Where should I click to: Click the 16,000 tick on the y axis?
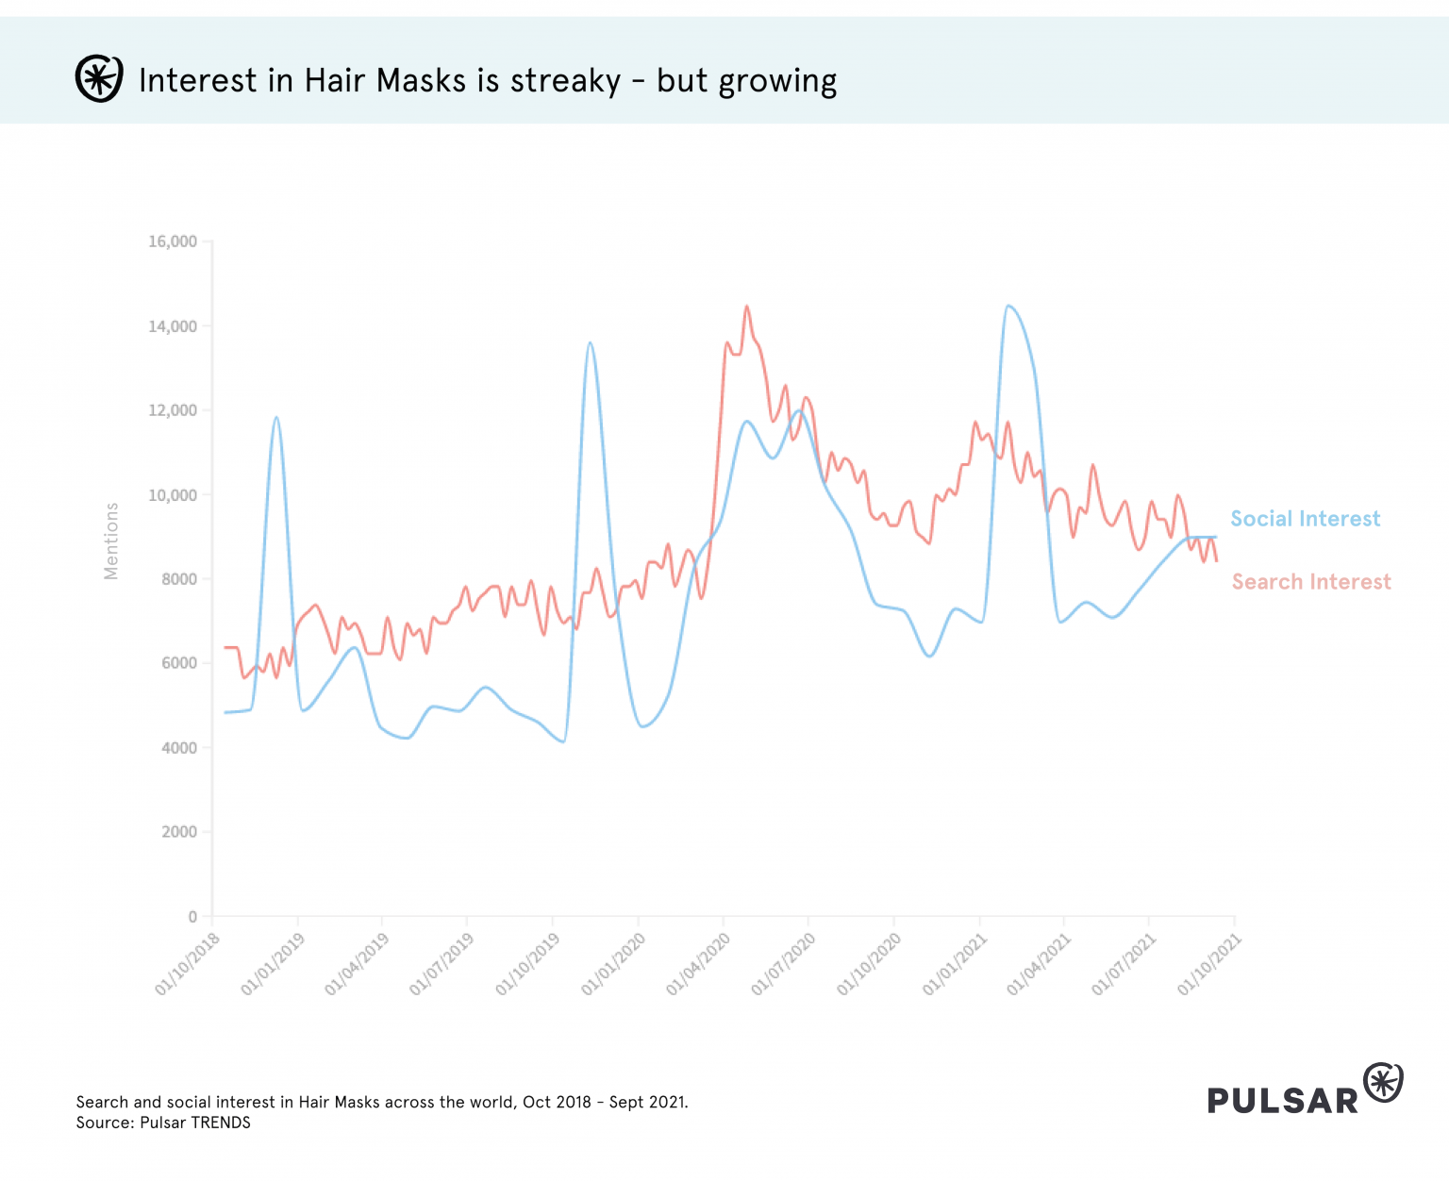coord(173,241)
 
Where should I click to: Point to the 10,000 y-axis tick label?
coord(173,495)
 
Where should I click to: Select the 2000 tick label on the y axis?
coord(179,832)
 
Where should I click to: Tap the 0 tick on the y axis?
coord(192,916)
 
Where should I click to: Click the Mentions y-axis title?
coord(111,541)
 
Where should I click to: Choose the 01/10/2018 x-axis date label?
coord(188,964)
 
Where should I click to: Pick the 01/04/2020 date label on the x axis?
coord(699,964)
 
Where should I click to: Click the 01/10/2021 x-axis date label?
coord(1209,964)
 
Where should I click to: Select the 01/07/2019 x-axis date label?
coord(442,964)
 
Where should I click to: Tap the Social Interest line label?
coord(1305,519)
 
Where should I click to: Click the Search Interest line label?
coord(1311,582)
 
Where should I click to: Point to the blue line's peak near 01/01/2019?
coord(276,417)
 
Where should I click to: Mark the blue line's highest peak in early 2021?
coord(1008,306)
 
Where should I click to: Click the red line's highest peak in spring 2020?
coord(746,306)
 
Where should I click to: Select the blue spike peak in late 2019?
coord(590,342)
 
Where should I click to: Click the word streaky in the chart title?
coord(565,81)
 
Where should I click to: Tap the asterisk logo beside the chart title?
coord(99,79)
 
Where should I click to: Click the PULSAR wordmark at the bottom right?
coord(1282,1100)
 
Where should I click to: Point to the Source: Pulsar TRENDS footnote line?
coord(163,1123)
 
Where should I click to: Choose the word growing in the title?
coord(777,83)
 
